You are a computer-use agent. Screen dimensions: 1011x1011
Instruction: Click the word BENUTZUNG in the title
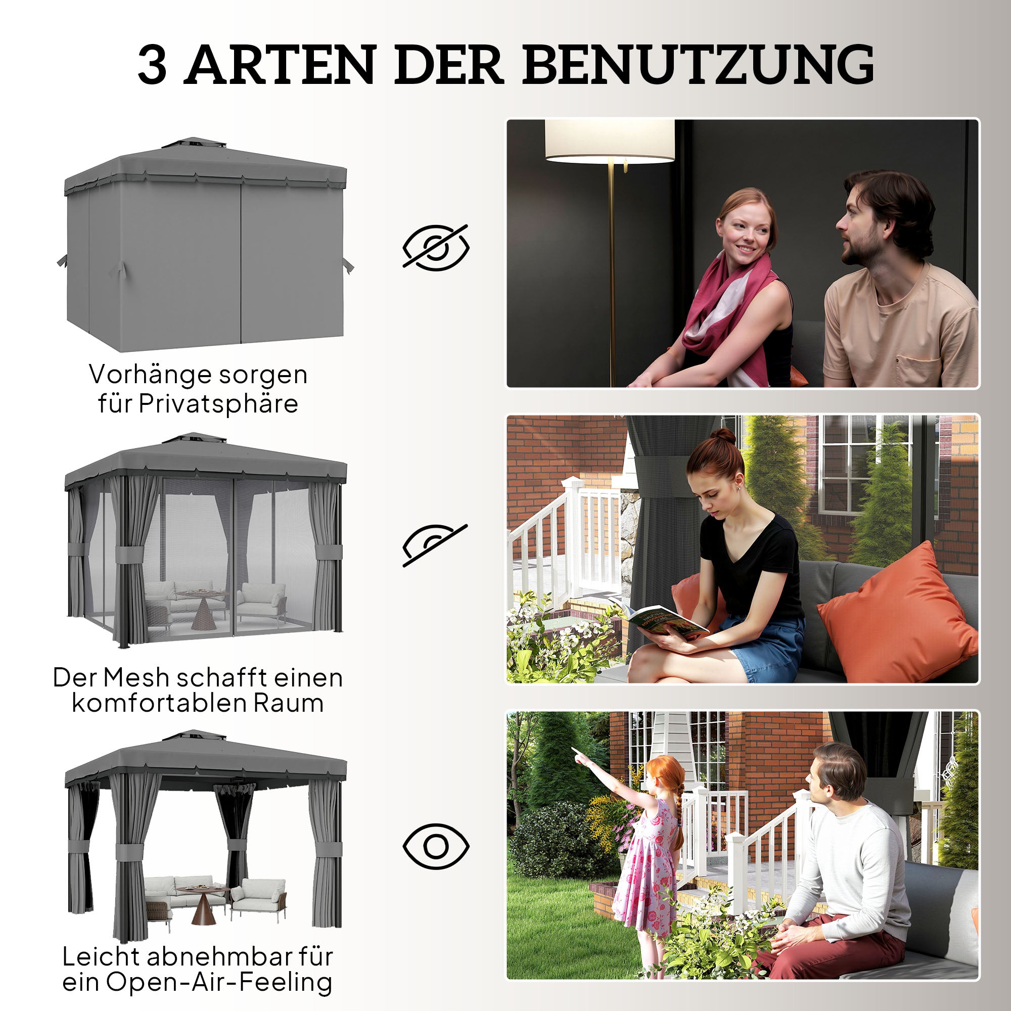point(698,65)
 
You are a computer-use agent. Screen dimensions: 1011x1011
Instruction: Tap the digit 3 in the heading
point(152,66)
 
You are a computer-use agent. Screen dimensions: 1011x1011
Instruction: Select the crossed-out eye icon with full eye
point(435,247)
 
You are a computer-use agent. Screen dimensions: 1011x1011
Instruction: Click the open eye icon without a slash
point(435,846)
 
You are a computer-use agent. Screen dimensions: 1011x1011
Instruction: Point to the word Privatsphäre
point(218,404)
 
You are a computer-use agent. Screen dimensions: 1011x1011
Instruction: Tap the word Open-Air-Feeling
point(219,982)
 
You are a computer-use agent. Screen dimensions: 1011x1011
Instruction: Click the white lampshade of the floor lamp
point(610,140)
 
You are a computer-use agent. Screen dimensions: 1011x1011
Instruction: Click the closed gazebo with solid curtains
point(205,246)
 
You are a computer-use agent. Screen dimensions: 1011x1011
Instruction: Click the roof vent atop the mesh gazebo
point(194,437)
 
